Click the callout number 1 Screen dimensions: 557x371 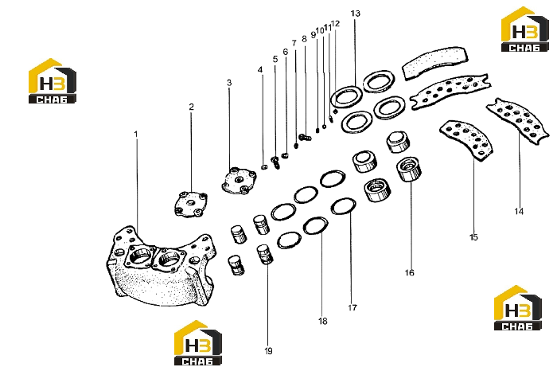pyautogui.click(x=136, y=135)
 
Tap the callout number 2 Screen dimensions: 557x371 pyautogui.click(x=192, y=107)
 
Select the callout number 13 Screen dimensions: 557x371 pyautogui.click(x=355, y=14)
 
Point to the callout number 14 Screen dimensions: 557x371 pyautogui.click(x=519, y=212)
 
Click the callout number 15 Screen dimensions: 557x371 pyautogui.click(x=473, y=237)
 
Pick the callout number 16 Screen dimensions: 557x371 pyautogui.click(x=409, y=272)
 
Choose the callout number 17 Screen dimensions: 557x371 pyautogui.click(x=353, y=307)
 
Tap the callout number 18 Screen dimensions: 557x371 pyautogui.click(x=322, y=322)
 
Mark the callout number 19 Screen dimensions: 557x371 pyautogui.click(x=269, y=351)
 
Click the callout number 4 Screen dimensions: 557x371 pyautogui.click(x=260, y=69)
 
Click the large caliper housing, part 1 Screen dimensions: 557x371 pyautogui.click(x=161, y=265)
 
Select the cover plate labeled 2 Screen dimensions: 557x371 pyautogui.click(x=191, y=204)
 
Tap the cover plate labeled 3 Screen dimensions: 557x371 pyautogui.click(x=239, y=181)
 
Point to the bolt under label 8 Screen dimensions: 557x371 pyautogui.click(x=305, y=137)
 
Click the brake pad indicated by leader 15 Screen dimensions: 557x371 pyautogui.click(x=466, y=140)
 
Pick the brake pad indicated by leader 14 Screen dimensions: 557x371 pyautogui.click(x=518, y=121)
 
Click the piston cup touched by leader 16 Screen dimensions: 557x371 pyautogui.click(x=409, y=169)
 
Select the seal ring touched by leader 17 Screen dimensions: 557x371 pyautogui.click(x=344, y=207)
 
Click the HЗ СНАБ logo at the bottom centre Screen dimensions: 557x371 pyautogui.click(x=198, y=343)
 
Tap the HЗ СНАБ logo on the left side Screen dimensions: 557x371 pyautogui.click(x=53, y=81)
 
